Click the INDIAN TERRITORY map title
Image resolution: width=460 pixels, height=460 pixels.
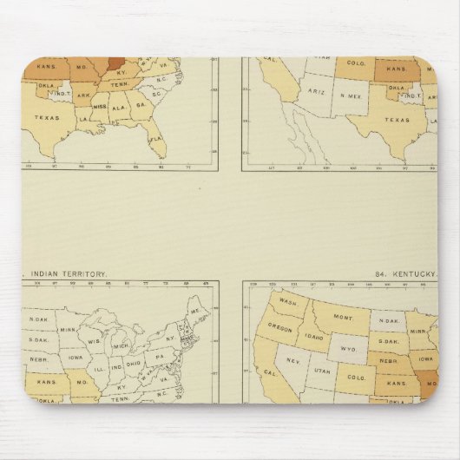(x=65, y=273)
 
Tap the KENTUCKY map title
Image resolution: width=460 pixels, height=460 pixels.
(x=412, y=273)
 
